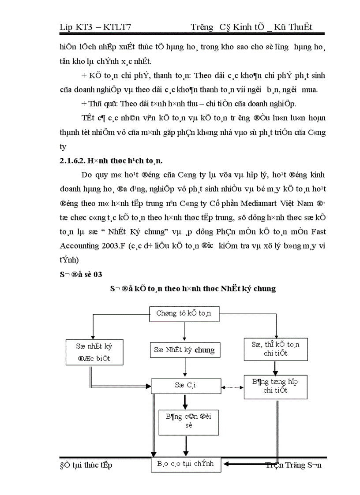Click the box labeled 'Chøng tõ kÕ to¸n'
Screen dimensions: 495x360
pyautogui.click(x=184, y=313)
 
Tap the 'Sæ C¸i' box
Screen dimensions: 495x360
pyautogui.click(x=185, y=385)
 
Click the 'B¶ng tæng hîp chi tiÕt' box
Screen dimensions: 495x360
pyautogui.click(x=276, y=386)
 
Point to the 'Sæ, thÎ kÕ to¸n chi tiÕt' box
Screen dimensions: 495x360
pyautogui.click(x=276, y=349)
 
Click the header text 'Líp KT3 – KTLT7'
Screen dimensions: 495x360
pyautogui.click(x=95, y=27)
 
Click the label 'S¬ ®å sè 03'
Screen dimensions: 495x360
pyautogui.click(x=81, y=274)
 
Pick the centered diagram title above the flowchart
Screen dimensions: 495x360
pyautogui.click(x=193, y=289)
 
